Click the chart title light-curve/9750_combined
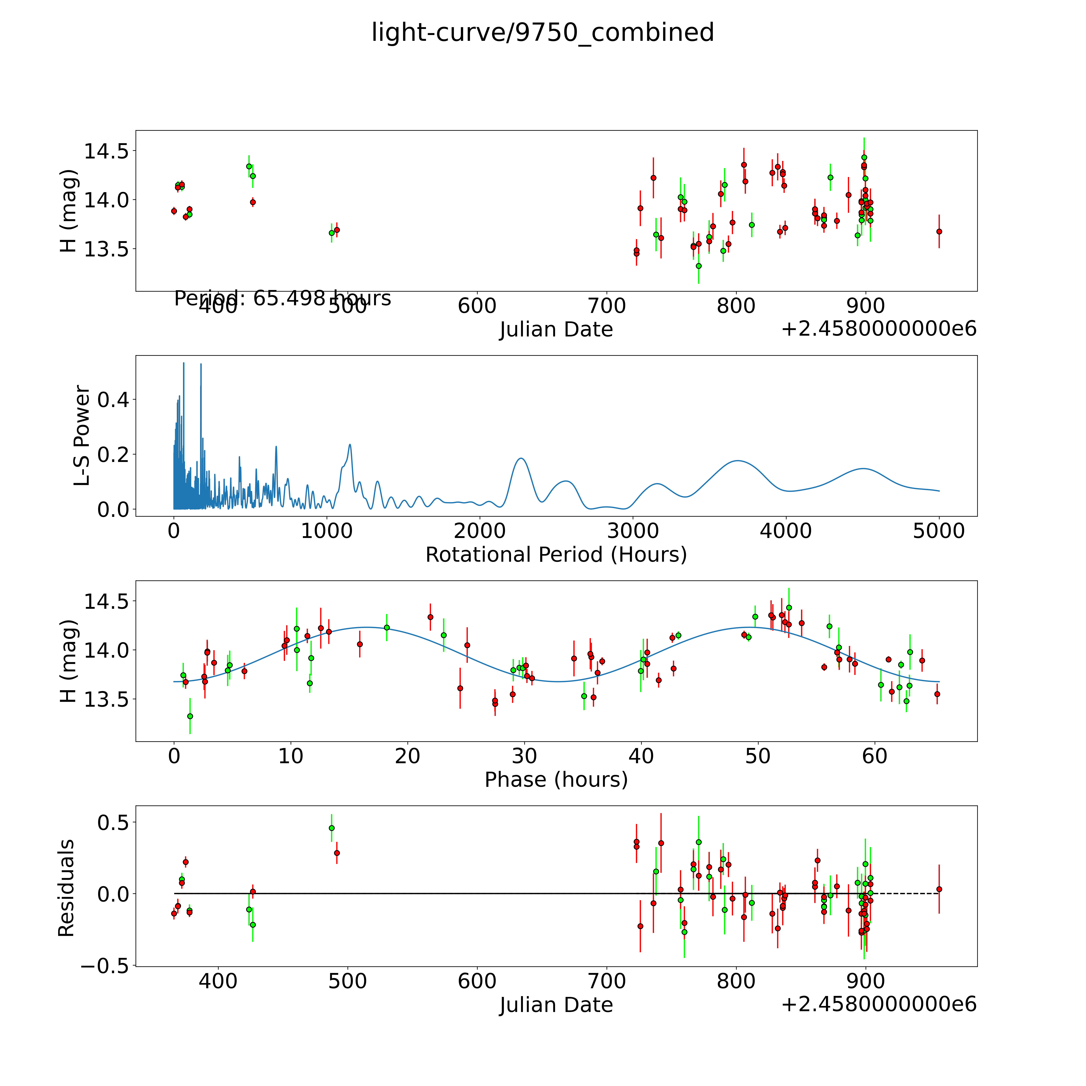click(x=542, y=33)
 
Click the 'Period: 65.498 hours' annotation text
click(x=282, y=298)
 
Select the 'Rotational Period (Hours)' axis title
click(x=556, y=555)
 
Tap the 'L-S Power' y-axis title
click(x=82, y=436)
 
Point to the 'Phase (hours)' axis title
click(x=556, y=780)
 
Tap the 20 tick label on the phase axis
click(x=407, y=756)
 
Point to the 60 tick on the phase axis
click(x=875, y=756)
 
